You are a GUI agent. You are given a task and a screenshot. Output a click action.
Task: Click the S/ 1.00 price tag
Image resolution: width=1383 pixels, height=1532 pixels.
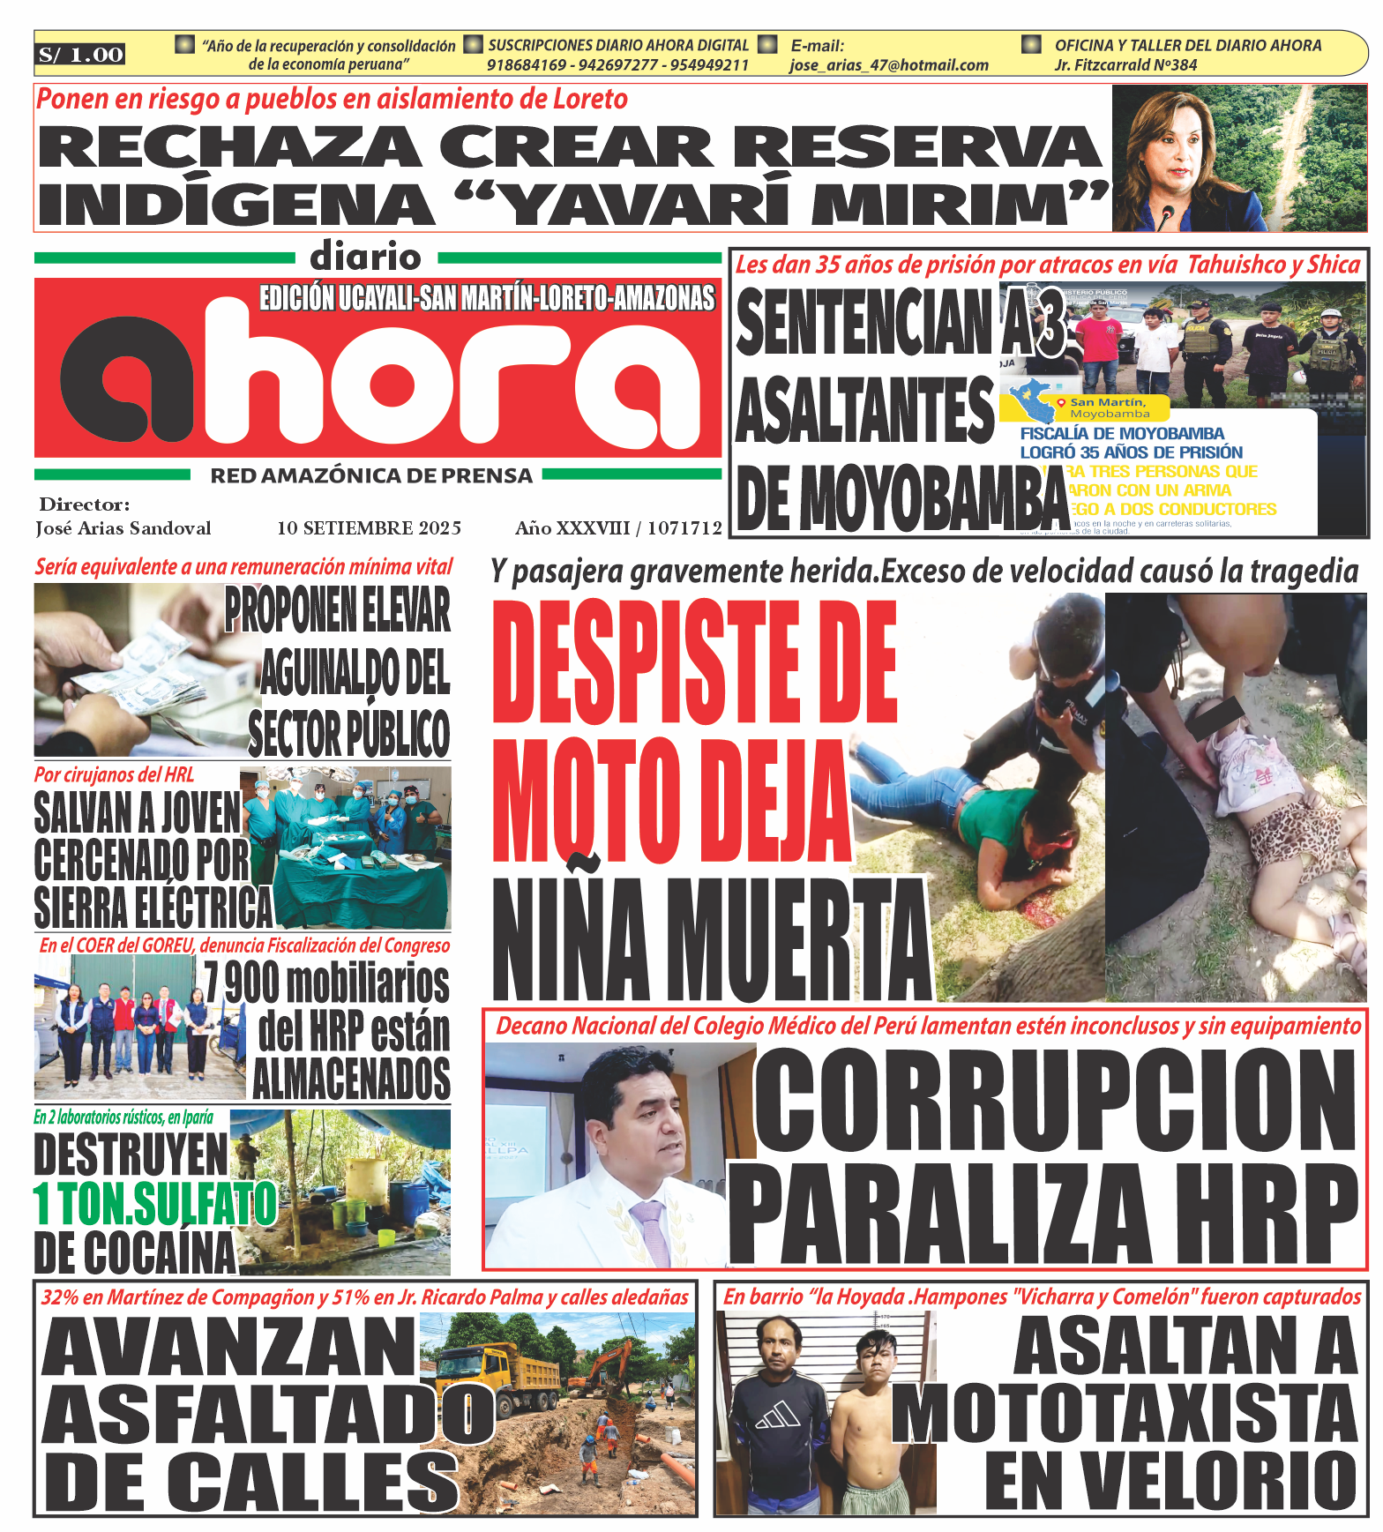coord(80,55)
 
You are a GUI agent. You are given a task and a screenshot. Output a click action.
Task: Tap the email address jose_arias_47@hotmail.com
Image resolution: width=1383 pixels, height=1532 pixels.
coord(888,65)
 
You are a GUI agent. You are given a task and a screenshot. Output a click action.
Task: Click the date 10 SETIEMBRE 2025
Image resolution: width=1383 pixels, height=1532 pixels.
coord(369,528)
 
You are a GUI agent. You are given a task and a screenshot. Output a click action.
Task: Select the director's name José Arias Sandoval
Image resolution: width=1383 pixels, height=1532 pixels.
coord(123,528)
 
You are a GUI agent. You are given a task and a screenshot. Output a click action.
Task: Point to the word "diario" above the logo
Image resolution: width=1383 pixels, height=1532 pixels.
coord(366,257)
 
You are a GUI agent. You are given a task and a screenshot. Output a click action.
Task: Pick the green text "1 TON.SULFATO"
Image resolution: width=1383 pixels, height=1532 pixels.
coord(154,1203)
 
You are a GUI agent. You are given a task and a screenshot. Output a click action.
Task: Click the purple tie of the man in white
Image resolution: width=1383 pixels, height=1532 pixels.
coord(652,1230)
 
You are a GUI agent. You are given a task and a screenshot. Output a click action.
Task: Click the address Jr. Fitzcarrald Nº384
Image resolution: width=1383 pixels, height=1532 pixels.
coord(1125,65)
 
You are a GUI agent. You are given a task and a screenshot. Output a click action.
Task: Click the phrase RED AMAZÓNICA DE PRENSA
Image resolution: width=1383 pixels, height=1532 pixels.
coord(371,476)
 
